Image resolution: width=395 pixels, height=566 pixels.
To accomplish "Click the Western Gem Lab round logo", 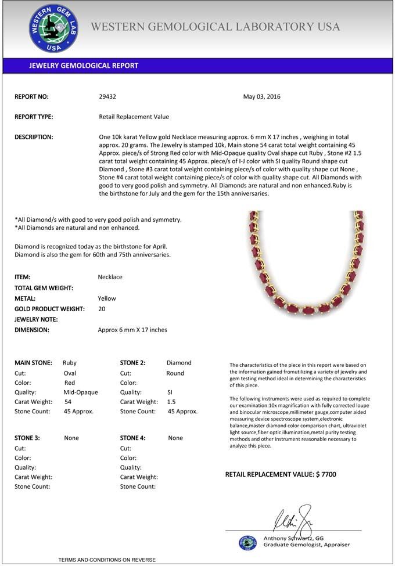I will pos(54,29).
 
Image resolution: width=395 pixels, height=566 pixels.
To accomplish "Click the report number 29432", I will pos(107,96).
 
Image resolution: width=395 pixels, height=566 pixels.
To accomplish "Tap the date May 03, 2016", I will pos(261,96).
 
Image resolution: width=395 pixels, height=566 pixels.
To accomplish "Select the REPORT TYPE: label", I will pos(34,117).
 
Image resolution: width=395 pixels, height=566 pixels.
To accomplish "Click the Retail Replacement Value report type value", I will pos(134,117).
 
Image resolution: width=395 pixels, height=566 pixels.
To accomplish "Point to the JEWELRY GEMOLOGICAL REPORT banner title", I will pos(84,66).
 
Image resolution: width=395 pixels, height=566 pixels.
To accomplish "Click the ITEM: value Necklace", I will pos(110,277).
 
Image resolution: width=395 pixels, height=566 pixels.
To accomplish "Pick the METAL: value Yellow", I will pos(107,298).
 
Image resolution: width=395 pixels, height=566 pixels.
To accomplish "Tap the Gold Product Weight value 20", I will pos(102,309).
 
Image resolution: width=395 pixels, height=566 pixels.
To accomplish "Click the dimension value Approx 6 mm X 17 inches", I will pos(132,330).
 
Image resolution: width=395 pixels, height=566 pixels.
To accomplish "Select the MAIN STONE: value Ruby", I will pos(70,363).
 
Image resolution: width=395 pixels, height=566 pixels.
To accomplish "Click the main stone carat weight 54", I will pos(68,402).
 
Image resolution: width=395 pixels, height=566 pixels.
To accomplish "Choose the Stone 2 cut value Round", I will pos(175,373).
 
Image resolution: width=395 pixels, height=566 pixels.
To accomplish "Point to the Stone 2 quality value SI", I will pos(170,392).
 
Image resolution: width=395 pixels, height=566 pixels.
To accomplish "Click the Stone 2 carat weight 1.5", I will pos(171,402).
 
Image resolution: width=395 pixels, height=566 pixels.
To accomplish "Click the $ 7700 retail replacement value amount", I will pos(326,474).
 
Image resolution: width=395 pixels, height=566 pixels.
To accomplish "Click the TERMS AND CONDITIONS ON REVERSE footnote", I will pos(107,560).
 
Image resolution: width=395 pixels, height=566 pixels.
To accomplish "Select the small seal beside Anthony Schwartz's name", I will pos(247,542).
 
